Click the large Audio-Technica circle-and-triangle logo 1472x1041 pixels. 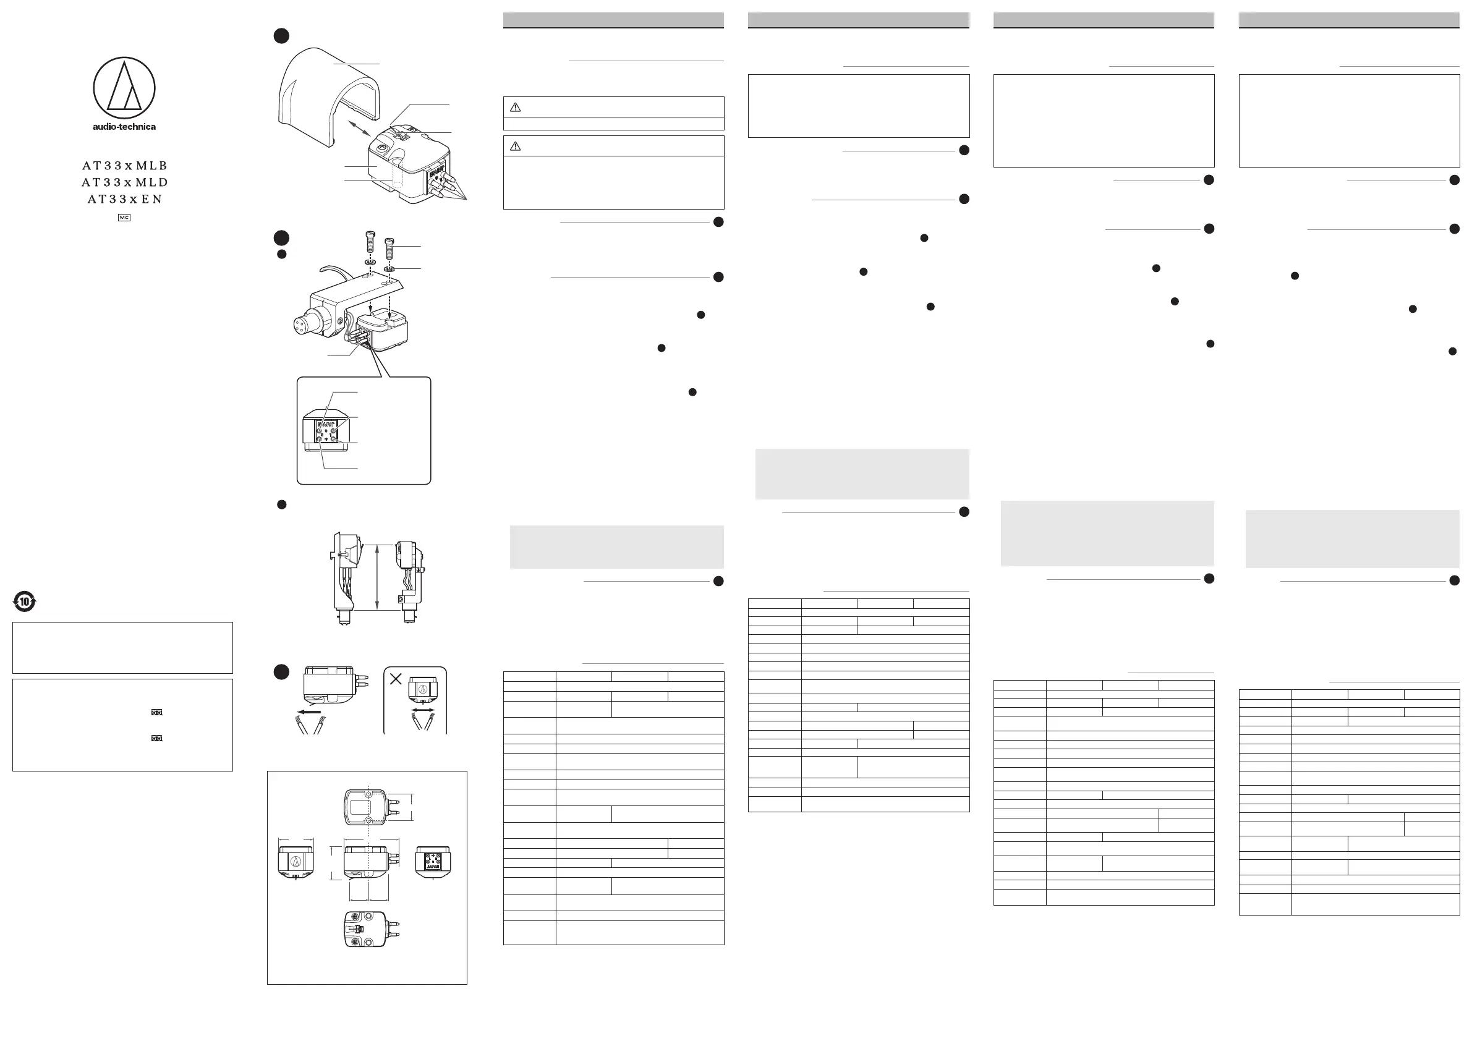pos(124,88)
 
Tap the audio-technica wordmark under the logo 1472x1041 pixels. pos(124,127)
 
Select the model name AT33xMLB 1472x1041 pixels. pos(124,166)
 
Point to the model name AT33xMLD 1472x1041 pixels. pos(124,182)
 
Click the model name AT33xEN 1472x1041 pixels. pos(124,198)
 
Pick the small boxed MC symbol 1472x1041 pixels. pos(124,218)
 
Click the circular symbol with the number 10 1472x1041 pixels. pos(24,601)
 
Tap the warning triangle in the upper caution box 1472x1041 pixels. pos(515,107)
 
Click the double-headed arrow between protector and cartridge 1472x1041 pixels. pos(360,129)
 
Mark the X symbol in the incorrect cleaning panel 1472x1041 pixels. pos(396,679)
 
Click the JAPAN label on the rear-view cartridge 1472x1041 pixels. pos(433,865)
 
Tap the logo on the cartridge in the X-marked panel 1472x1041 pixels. pos(422,690)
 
